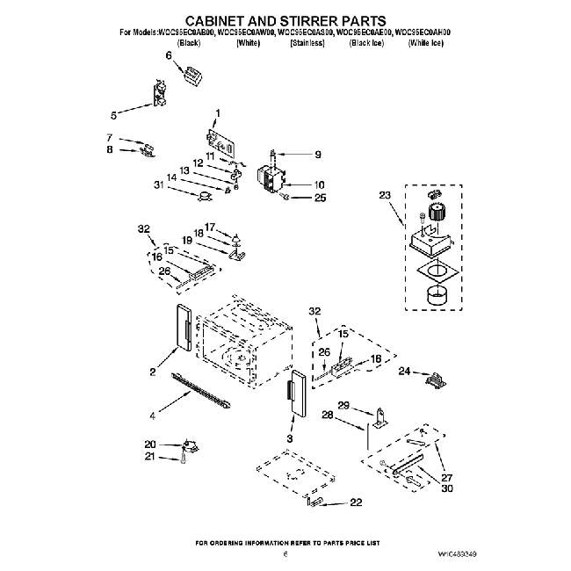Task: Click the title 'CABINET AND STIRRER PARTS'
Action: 285,18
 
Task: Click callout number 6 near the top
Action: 169,55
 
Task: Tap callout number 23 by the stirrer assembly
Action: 383,195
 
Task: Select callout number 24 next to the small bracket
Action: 404,371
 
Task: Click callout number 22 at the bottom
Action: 355,502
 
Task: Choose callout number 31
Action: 158,184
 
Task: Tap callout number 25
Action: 319,199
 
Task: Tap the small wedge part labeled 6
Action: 192,76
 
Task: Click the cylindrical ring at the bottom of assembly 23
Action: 437,297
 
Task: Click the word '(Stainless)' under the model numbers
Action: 307,42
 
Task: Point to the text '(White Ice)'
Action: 425,42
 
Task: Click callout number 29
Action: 343,405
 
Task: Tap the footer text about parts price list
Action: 285,543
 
